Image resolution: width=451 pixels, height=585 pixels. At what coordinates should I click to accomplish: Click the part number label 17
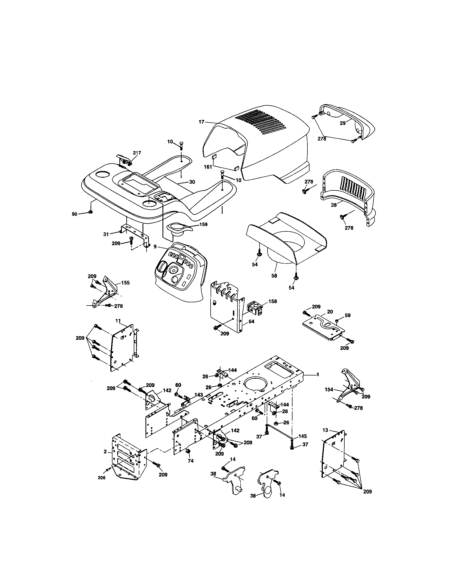pos(201,122)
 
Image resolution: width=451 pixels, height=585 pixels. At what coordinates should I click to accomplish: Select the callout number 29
pos(343,123)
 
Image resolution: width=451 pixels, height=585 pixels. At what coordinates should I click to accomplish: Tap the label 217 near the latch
pos(137,153)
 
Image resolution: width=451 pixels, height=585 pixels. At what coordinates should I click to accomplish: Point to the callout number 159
pos(203,224)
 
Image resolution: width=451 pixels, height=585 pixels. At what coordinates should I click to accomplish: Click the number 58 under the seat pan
pos(274,276)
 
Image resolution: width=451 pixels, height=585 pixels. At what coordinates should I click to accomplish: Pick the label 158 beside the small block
pos(273,301)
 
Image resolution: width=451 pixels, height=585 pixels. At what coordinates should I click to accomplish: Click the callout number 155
pos(125,283)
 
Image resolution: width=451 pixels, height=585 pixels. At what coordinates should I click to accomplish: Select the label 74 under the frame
pos(190,461)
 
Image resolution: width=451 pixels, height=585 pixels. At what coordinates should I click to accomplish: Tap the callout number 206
pos(102,478)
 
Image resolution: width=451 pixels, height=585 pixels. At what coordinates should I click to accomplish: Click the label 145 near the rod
pos(303,436)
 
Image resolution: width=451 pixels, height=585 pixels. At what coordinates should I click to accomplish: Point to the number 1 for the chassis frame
pos(318,374)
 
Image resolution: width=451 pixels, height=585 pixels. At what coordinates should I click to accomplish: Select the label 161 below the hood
pos(208,167)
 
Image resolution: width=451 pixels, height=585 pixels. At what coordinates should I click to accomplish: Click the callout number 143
pos(199,395)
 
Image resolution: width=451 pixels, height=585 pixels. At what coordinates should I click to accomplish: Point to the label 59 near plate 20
pos(348,315)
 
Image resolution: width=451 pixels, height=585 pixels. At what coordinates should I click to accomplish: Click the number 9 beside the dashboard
pos(155,246)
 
